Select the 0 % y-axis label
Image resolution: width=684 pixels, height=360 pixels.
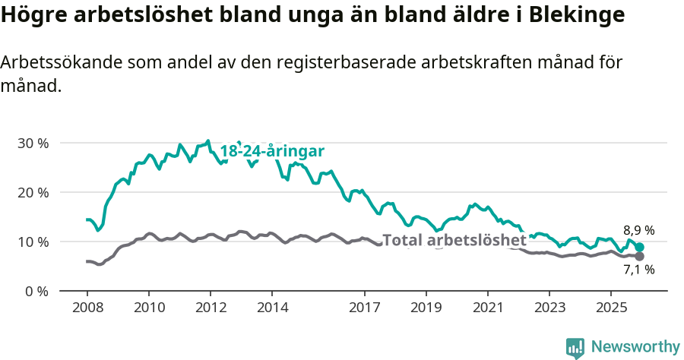(x=36, y=291)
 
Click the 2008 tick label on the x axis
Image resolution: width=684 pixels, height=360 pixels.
(x=87, y=308)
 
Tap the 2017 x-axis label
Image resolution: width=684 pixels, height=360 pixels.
(x=364, y=308)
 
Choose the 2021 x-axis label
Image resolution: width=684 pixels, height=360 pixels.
(x=487, y=308)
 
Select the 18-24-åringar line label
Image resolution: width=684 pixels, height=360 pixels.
(x=272, y=151)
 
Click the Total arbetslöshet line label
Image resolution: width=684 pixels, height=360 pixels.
(x=454, y=241)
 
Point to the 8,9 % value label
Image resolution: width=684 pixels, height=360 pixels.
(x=638, y=230)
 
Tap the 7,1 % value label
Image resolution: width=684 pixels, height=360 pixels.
(x=638, y=269)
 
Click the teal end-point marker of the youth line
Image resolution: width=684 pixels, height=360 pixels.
(x=640, y=248)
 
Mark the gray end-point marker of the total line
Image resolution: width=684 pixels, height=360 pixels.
(x=639, y=257)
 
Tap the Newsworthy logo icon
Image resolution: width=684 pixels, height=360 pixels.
(x=575, y=348)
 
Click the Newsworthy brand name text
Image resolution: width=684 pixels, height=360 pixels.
(x=635, y=347)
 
